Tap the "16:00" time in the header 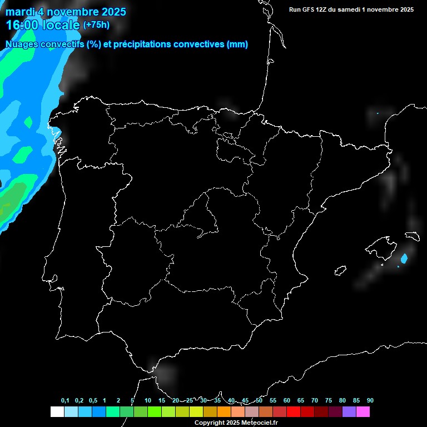(x=21, y=25)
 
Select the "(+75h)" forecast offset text (x=96, y=25)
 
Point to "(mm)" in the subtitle (x=237, y=44)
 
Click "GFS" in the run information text (x=309, y=9)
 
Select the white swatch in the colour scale (x=57, y=412)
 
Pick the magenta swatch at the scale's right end (x=363, y=412)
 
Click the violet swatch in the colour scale (x=349, y=412)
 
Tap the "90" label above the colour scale (x=370, y=400)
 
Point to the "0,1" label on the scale (x=65, y=400)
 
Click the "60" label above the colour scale (x=287, y=400)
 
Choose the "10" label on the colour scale (x=147, y=400)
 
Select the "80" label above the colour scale (x=342, y=400)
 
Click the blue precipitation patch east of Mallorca (x=404, y=258)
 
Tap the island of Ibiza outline (x=340, y=271)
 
